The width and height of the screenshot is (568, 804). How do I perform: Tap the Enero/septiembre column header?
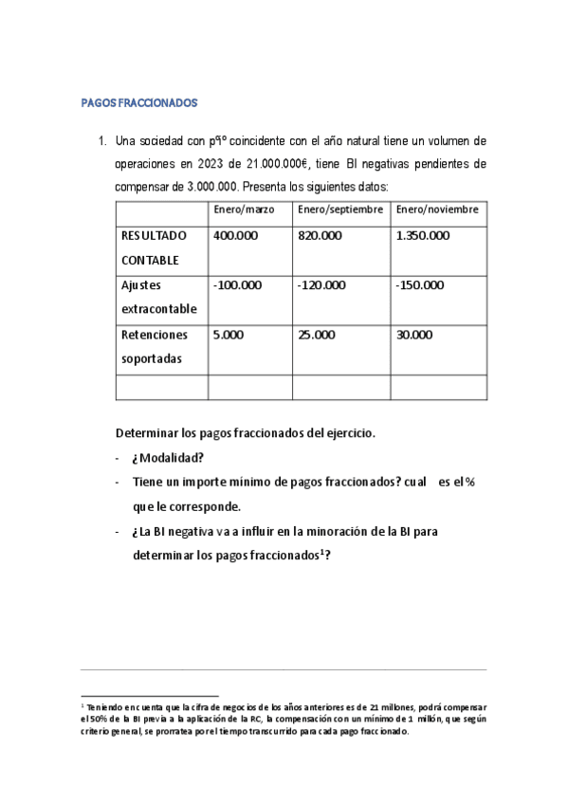click(339, 209)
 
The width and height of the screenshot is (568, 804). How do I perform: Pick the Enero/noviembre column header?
click(436, 209)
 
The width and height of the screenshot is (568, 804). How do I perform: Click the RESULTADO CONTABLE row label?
click(154, 247)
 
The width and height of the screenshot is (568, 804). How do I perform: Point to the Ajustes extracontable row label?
click(158, 297)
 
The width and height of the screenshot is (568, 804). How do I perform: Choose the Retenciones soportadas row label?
click(155, 346)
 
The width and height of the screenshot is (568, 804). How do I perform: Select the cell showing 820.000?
click(320, 235)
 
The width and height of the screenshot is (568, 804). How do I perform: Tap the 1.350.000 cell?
click(423, 235)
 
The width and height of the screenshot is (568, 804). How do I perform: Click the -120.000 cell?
click(321, 284)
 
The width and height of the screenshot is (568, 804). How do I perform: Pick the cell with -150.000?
click(420, 284)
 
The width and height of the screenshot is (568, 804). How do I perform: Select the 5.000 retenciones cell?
click(229, 334)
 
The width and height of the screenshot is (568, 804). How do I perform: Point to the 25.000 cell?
click(317, 334)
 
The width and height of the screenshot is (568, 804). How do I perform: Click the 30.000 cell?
click(414, 334)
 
